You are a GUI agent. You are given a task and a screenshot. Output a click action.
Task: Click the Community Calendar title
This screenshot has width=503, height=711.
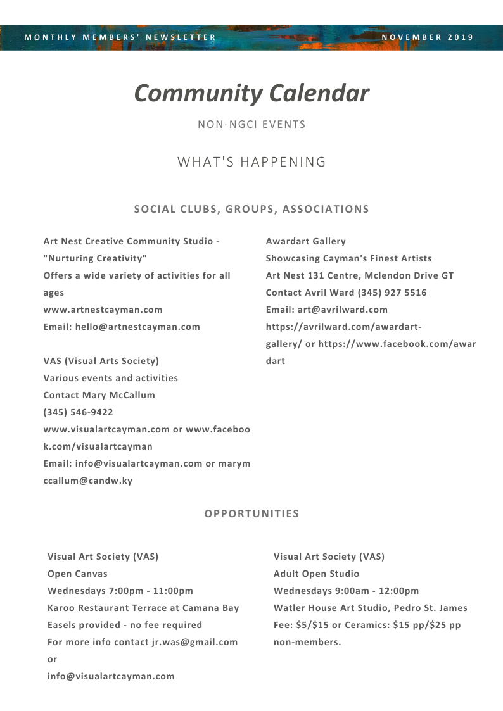coord(251,94)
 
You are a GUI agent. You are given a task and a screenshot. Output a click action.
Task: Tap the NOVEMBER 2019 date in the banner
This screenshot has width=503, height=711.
coord(428,37)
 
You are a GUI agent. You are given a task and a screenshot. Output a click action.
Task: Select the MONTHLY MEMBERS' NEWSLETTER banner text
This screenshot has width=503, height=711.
coord(120,37)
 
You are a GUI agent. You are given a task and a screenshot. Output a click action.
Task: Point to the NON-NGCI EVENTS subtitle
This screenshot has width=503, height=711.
coord(251,125)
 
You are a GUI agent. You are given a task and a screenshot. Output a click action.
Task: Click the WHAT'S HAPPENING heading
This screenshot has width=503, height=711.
coord(251,162)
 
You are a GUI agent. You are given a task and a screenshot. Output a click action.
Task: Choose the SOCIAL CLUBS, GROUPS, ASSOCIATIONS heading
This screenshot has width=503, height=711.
coord(251,209)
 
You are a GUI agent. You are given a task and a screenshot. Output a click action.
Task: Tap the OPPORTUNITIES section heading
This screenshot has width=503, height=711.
coord(251,513)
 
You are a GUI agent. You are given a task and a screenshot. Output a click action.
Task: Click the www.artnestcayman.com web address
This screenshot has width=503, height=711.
coord(103,310)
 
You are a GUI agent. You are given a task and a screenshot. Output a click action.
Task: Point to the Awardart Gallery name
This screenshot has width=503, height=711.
coord(306,241)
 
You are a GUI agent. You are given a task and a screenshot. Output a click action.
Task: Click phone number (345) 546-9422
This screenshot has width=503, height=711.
coord(78,412)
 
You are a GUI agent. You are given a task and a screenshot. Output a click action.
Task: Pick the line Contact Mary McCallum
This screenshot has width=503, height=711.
coord(99,395)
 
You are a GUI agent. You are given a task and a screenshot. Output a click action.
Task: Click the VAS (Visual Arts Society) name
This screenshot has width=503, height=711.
coord(101,361)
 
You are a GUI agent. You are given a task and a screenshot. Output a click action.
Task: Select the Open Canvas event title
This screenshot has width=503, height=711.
coord(77,574)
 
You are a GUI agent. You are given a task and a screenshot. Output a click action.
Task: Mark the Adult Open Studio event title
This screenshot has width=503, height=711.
coord(316,574)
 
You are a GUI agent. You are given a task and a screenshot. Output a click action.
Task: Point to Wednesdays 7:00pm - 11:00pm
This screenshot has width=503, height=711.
coord(120,591)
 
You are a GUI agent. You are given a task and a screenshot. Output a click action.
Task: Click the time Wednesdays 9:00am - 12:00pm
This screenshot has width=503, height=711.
coord(346,591)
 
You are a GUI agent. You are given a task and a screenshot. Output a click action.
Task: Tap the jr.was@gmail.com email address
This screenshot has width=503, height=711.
coord(194,642)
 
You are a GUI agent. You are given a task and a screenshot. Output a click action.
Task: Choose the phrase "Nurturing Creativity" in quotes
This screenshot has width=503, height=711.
coord(95,258)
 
